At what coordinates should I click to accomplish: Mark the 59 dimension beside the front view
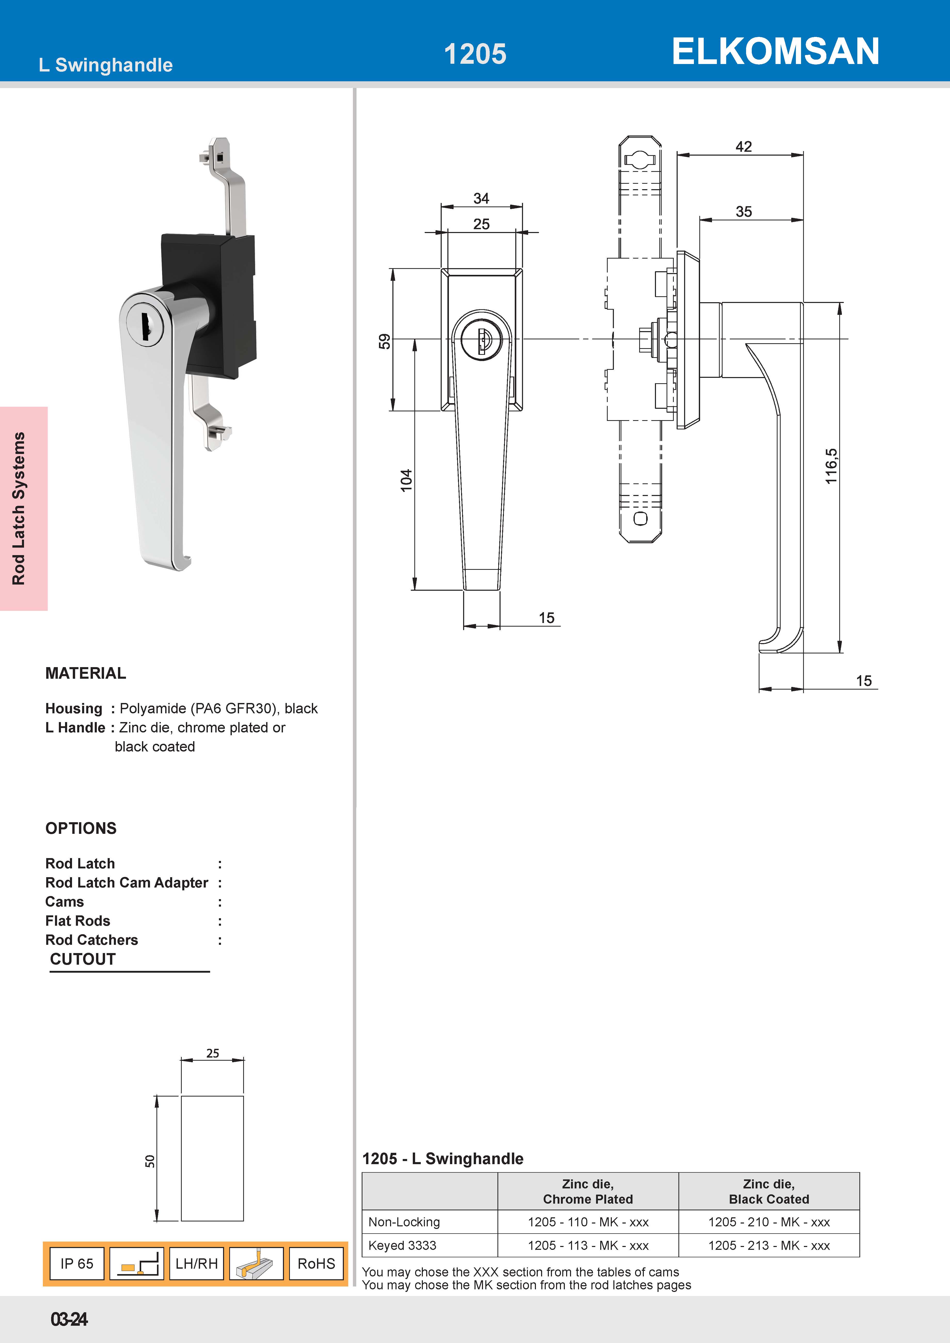(384, 341)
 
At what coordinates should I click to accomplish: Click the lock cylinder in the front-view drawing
(481, 339)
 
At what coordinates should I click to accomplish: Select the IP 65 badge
(77, 1264)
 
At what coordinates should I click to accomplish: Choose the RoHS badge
(316, 1264)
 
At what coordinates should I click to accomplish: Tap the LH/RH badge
(196, 1264)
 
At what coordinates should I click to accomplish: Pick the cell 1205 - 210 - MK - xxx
(769, 1222)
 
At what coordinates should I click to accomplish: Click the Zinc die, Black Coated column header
(769, 1192)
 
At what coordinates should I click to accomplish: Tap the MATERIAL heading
(85, 673)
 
